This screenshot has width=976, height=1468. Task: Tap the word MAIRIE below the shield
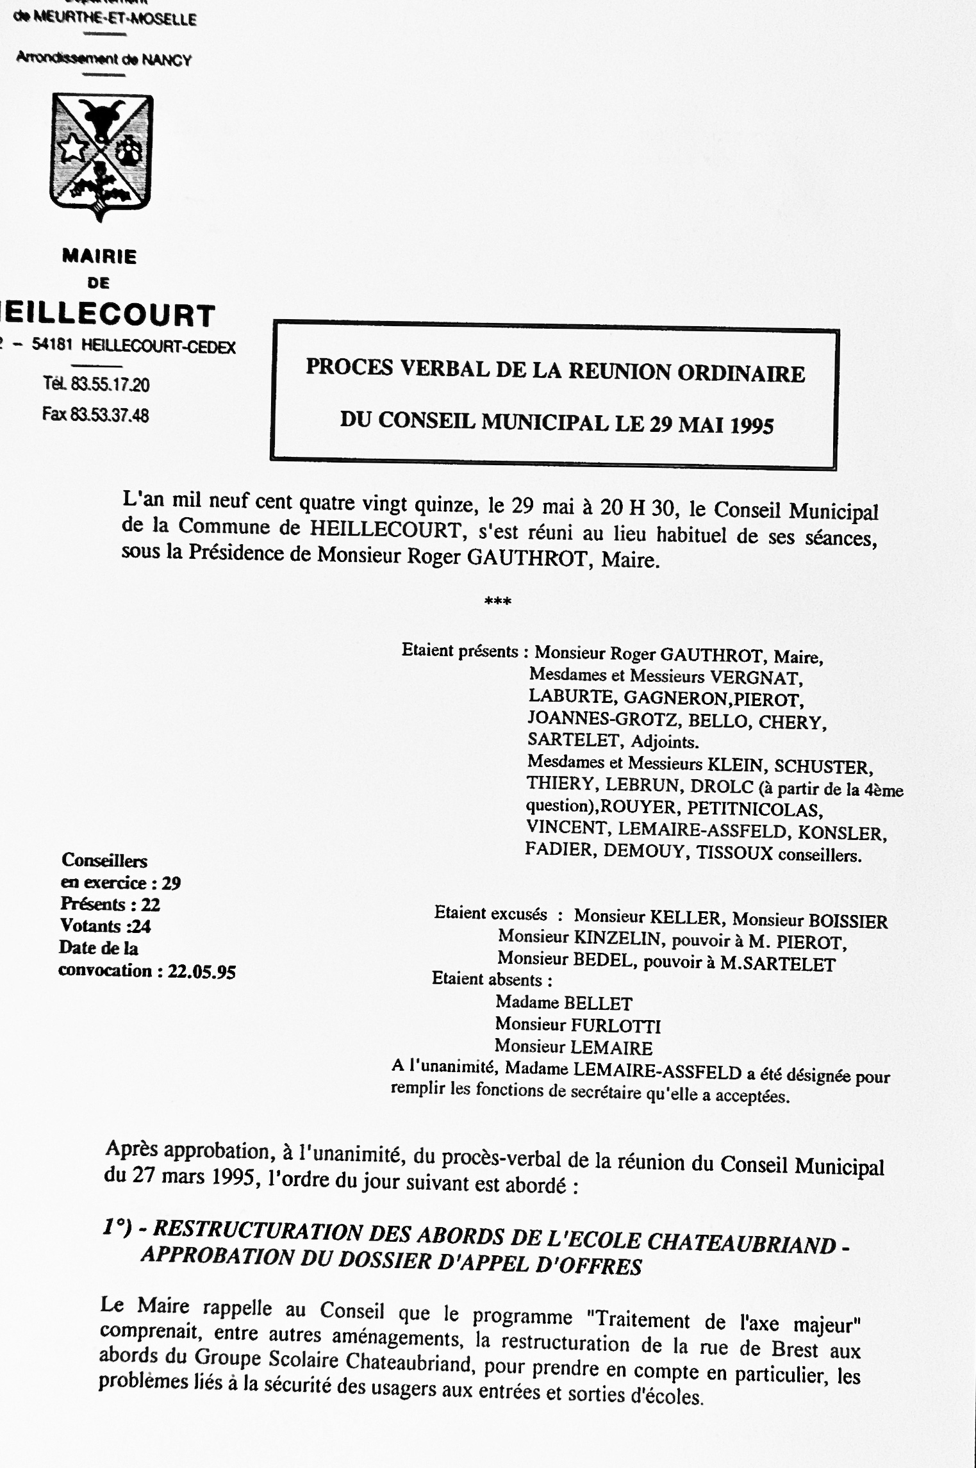pyautogui.click(x=99, y=257)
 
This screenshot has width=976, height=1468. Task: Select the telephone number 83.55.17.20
pyautogui.click(x=110, y=384)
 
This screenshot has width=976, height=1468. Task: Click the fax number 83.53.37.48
pyautogui.click(x=110, y=415)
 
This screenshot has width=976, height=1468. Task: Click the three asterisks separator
pyautogui.click(x=498, y=602)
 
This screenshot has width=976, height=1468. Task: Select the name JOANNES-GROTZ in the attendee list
pyautogui.click(x=601, y=720)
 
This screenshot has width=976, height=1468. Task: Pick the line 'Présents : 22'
pyautogui.click(x=110, y=904)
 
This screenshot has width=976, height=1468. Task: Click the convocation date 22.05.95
pyautogui.click(x=201, y=972)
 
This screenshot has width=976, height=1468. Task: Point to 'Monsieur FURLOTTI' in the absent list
pyautogui.click(x=577, y=1025)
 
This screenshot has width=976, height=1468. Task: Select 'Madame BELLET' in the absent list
pyautogui.click(x=563, y=1003)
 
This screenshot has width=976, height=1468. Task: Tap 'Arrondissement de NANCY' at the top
pyautogui.click(x=103, y=59)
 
